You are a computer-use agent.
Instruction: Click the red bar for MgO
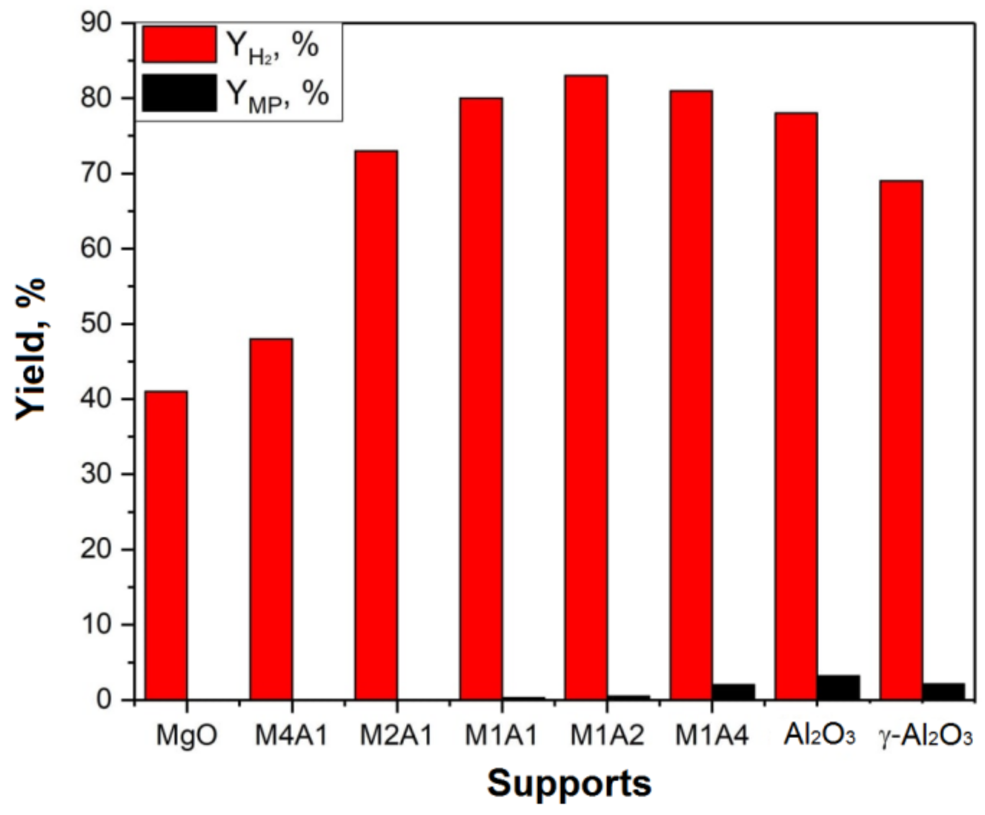166,545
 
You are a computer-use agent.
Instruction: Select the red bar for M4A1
271,519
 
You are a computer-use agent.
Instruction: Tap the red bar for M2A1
376,425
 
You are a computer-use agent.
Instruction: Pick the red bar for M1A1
481,399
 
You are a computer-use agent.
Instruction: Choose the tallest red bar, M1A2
586,387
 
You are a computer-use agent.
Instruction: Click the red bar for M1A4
691,395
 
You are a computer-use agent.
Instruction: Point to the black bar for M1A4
733,692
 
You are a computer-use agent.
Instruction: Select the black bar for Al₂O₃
839,687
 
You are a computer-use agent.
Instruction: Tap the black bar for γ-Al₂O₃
943,691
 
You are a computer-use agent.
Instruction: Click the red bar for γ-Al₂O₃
901,440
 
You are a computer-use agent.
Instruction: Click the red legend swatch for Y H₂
179,44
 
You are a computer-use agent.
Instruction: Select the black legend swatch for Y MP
179,93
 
